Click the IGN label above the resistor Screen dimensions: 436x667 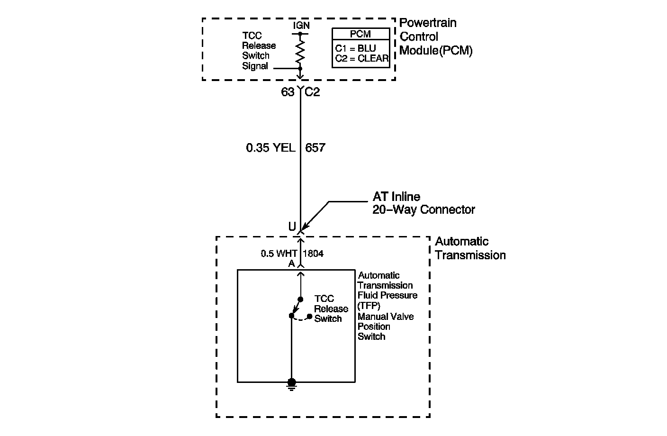(301, 26)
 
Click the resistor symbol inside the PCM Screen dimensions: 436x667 (300, 51)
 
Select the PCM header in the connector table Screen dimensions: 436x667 (361, 34)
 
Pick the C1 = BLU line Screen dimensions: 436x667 (355, 48)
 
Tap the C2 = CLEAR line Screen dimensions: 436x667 (361, 58)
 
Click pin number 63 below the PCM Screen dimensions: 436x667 (288, 92)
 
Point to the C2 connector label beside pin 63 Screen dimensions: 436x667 (312, 92)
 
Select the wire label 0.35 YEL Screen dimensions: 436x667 (270, 148)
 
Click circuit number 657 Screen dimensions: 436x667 (315, 148)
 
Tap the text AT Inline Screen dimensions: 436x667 (396, 197)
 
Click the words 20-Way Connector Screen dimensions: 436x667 (424, 209)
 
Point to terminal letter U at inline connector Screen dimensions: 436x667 (292, 227)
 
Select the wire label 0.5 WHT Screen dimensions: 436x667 (279, 254)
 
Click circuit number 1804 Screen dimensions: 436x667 (313, 254)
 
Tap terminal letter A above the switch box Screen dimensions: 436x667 (291, 263)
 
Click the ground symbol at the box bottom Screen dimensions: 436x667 (292, 385)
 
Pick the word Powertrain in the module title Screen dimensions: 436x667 (428, 23)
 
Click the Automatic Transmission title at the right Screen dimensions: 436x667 (470, 248)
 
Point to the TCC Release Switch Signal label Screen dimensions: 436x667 (259, 51)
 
